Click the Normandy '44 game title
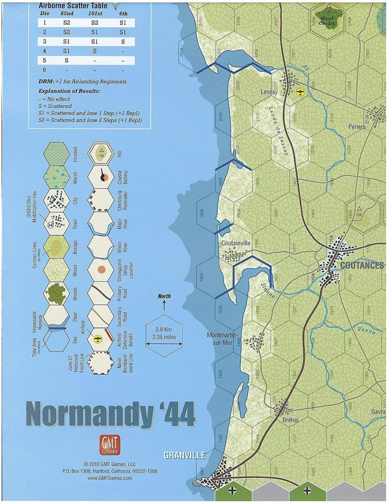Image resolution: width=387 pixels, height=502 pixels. tap(111, 414)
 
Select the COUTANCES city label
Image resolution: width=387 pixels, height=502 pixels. tap(361, 265)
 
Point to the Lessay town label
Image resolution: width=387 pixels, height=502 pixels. tap(269, 92)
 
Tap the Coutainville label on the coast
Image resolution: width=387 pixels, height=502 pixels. tap(236, 242)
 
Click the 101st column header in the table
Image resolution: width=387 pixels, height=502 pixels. tap(95, 13)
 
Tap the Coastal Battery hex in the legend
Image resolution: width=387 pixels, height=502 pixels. tap(101, 176)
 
